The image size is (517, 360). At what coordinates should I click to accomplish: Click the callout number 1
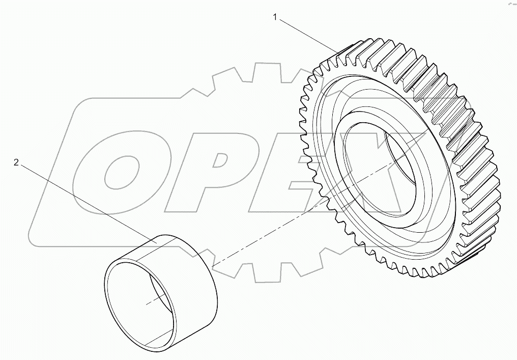[x=275, y=17]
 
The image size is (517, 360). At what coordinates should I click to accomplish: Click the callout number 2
[x=16, y=162]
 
